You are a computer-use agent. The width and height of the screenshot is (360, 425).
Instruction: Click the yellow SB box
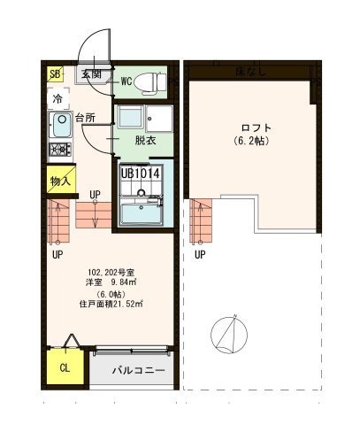56,74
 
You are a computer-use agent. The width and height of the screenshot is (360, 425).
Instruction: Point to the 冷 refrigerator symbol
57,98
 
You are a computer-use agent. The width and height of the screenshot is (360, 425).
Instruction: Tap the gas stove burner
60,149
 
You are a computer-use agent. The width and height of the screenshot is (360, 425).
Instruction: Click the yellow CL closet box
65,367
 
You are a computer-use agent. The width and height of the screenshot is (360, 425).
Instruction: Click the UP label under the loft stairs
200,255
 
